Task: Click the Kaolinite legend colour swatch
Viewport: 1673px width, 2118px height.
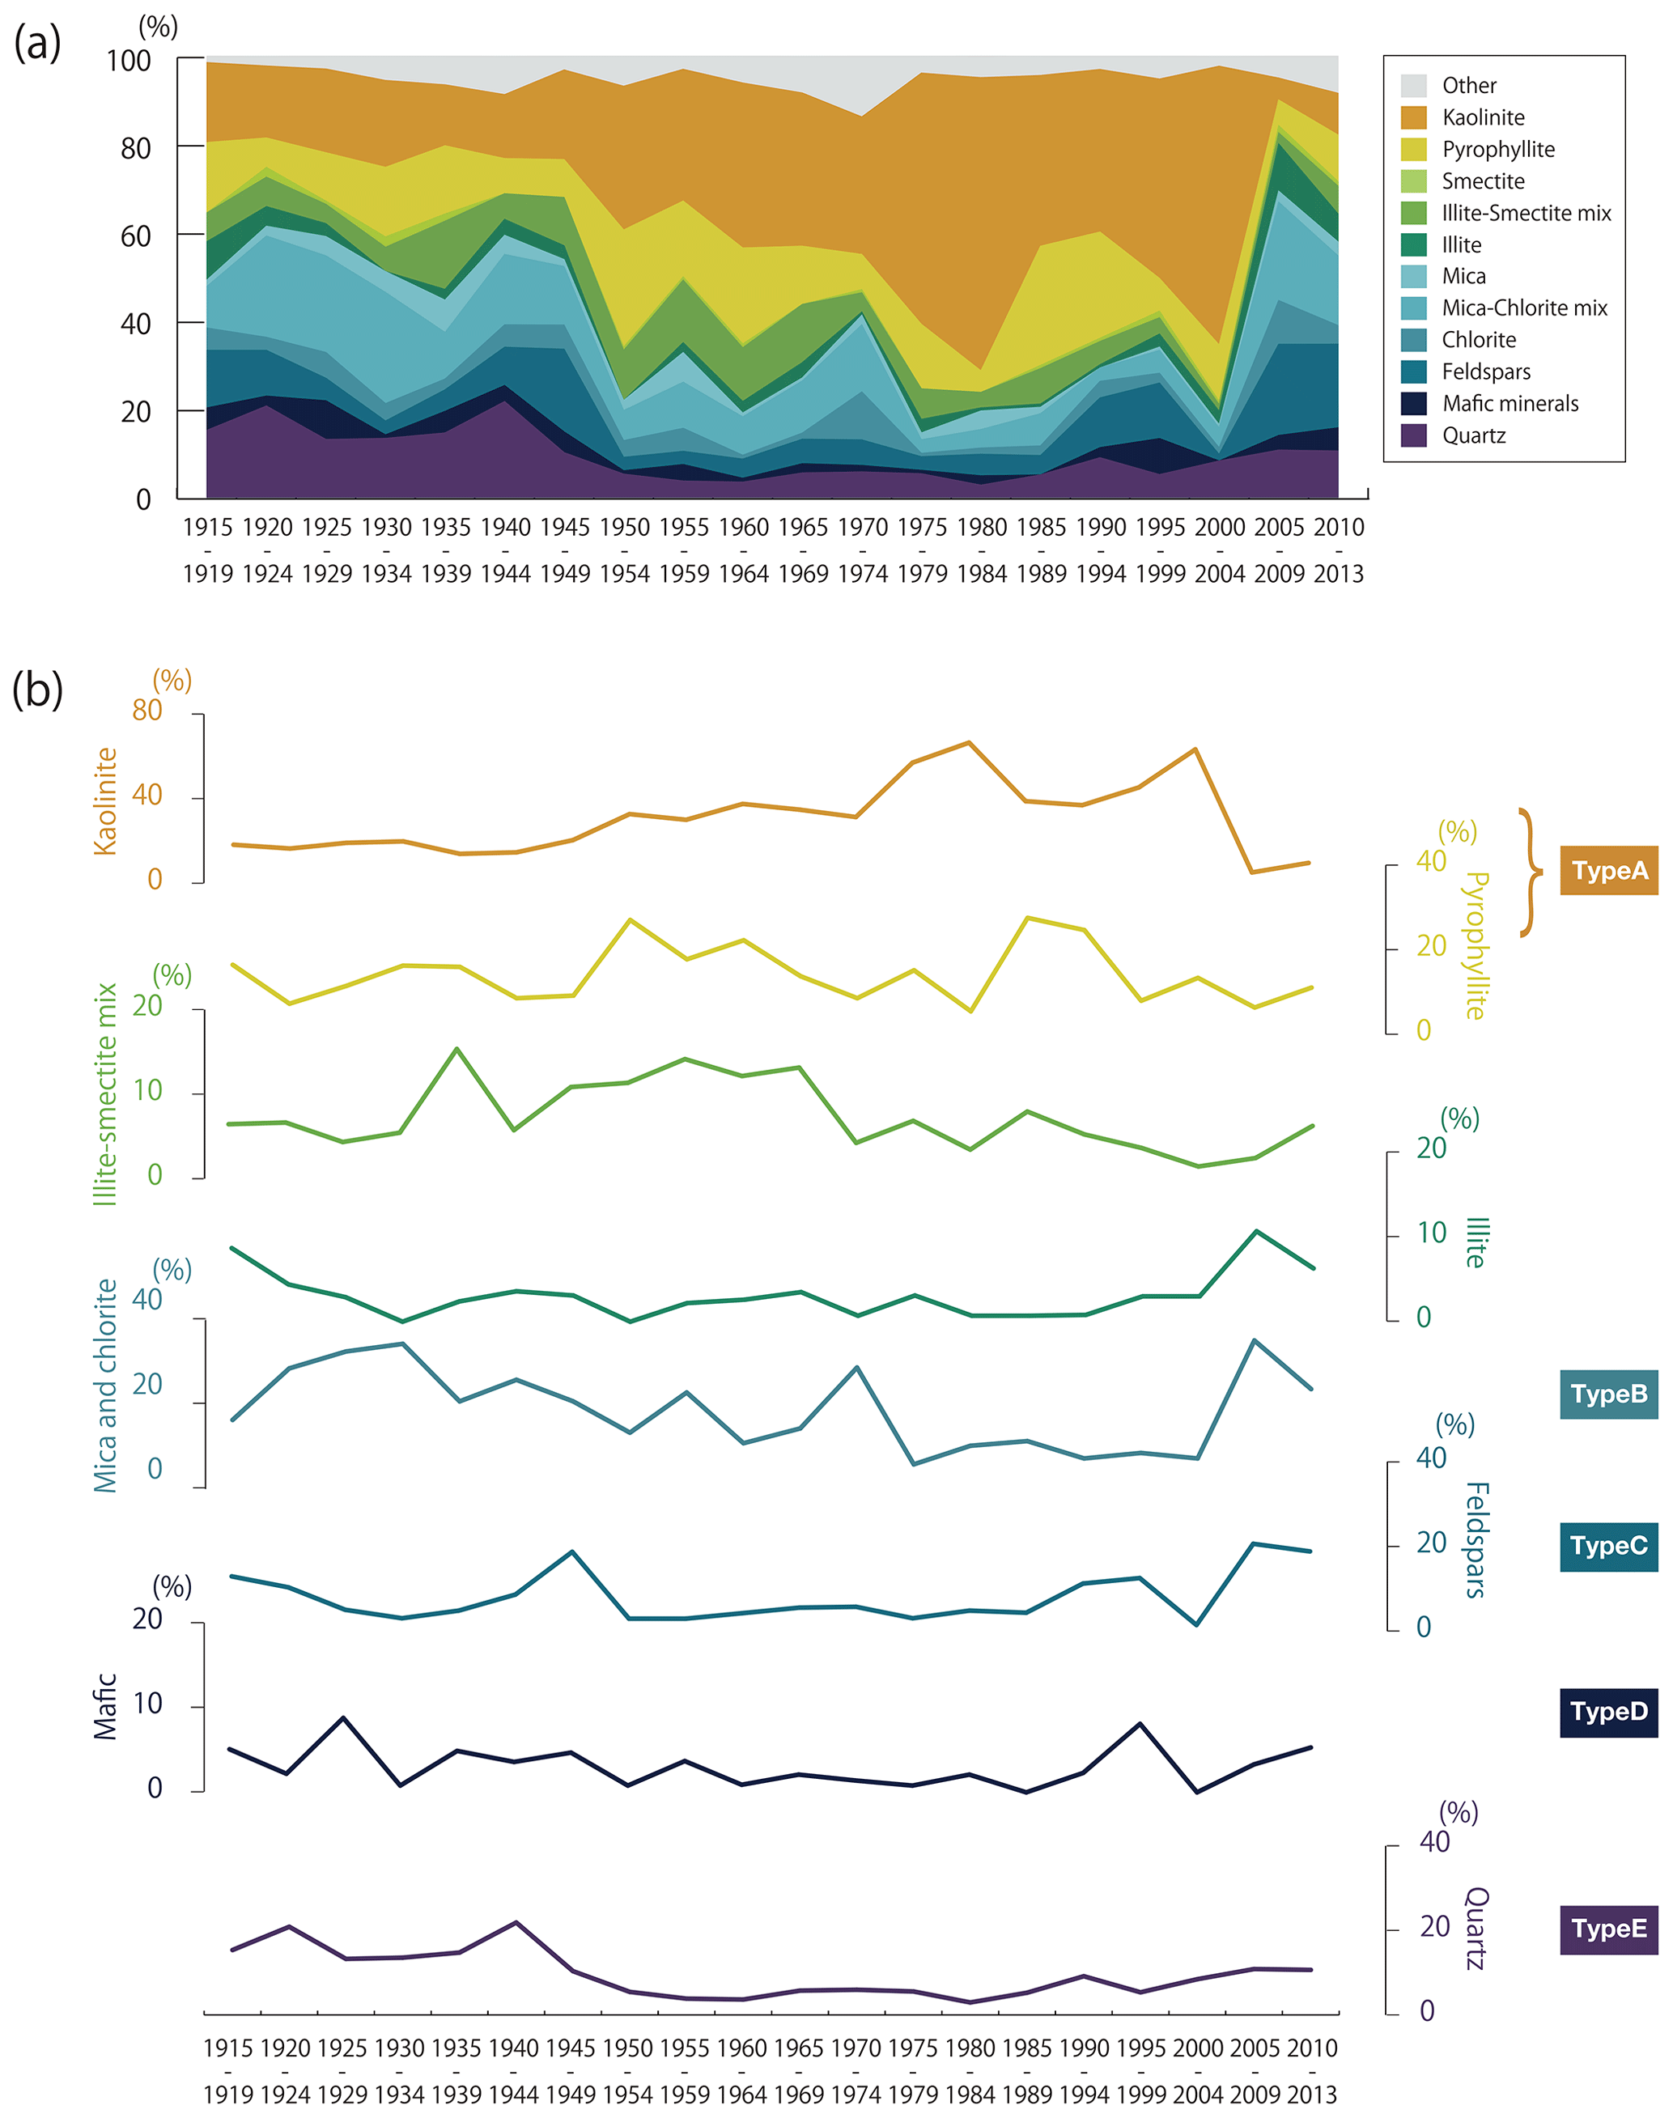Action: pyautogui.click(x=1413, y=117)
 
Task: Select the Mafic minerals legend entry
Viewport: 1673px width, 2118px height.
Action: pyautogui.click(x=1510, y=403)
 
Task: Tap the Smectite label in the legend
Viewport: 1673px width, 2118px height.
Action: pyautogui.click(x=1483, y=181)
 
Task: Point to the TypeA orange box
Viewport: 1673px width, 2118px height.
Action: pyautogui.click(x=1608, y=871)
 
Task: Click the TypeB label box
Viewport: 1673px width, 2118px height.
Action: pyautogui.click(x=1608, y=1394)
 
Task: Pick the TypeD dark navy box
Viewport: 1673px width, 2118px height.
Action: pyautogui.click(x=1608, y=1712)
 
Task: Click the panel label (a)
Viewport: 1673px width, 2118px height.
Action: pyautogui.click(x=37, y=43)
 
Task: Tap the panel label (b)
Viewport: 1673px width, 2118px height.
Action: pyautogui.click(x=37, y=690)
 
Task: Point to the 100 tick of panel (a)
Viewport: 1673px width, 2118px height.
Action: pyautogui.click(x=130, y=61)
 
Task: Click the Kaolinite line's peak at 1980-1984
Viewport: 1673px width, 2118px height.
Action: pyautogui.click(x=969, y=742)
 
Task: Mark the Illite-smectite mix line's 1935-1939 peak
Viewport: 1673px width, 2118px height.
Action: pyautogui.click(x=457, y=1049)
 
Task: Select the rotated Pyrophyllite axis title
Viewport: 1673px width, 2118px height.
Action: pyautogui.click(x=1476, y=946)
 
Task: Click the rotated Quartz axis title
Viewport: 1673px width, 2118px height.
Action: pyautogui.click(x=1476, y=1928)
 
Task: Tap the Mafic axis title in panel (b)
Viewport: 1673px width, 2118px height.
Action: pyautogui.click(x=106, y=1707)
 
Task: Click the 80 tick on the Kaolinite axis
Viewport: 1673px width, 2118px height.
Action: pyautogui.click(x=147, y=710)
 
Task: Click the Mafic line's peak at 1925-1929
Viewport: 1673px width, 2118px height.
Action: pyautogui.click(x=343, y=1717)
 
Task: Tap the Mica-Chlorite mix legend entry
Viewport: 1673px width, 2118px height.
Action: pyautogui.click(x=1524, y=308)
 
